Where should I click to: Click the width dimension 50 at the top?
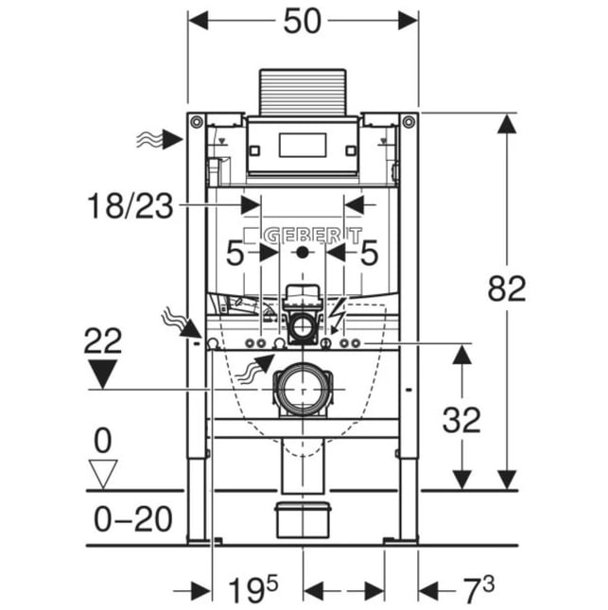click(303, 22)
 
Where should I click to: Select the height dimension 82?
click(507, 288)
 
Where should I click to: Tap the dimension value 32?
click(461, 420)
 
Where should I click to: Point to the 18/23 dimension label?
click(130, 206)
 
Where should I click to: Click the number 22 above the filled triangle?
click(103, 340)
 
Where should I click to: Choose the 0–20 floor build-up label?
click(133, 518)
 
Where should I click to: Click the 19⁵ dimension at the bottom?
click(253, 590)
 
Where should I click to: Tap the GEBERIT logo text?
click(313, 235)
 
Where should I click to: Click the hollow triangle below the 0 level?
click(103, 474)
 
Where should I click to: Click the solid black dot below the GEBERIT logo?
click(303, 253)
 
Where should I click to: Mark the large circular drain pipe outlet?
click(303, 389)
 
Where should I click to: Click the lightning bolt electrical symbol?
click(337, 315)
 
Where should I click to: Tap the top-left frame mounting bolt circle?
click(197, 122)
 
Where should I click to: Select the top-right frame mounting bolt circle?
click(408, 122)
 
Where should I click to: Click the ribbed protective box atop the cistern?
click(303, 93)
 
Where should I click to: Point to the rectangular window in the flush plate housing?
click(303, 145)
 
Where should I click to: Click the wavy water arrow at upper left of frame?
click(159, 139)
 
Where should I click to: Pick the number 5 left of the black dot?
click(235, 253)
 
